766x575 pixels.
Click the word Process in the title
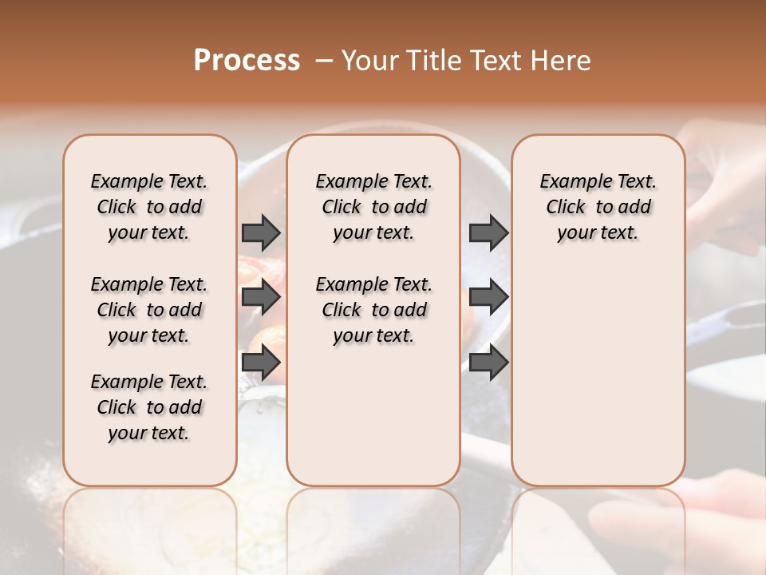pyautogui.click(x=247, y=61)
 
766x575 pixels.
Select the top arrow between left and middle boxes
pyautogui.click(x=261, y=232)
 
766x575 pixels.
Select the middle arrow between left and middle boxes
pyautogui.click(x=261, y=297)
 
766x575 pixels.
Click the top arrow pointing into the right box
pyautogui.click(x=488, y=232)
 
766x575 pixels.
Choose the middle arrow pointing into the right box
pyautogui.click(x=488, y=297)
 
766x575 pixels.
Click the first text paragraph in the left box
pyautogui.click(x=149, y=207)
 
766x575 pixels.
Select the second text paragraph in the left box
pyautogui.click(x=149, y=310)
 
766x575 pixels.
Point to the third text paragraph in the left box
pyautogui.click(x=149, y=407)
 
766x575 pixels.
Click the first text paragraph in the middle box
pyautogui.click(x=373, y=207)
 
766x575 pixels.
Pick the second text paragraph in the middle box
pyautogui.click(x=373, y=310)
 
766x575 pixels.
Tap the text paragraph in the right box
pyautogui.click(x=598, y=207)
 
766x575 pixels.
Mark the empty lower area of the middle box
pyautogui.click(x=373, y=415)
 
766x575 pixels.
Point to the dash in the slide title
pyautogui.click(x=324, y=61)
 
